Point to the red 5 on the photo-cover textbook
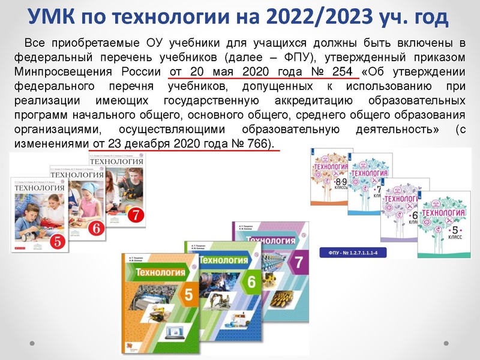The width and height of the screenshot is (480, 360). [58, 242]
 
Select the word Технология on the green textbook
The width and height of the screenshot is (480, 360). [224, 260]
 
